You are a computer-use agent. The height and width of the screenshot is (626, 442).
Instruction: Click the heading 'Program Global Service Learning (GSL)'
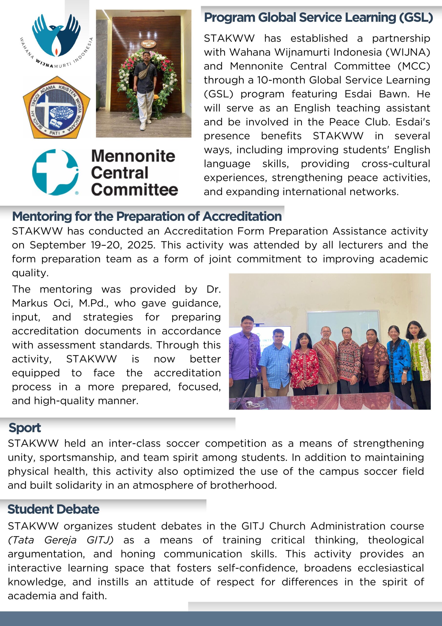click(318, 17)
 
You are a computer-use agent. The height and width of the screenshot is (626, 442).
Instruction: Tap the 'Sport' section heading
click(25, 428)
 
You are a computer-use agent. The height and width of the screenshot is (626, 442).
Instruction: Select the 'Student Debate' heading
click(53, 509)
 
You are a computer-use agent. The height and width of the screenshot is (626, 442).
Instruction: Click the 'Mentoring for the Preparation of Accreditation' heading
click(147, 216)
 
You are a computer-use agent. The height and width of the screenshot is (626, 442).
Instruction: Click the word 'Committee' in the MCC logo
click(134, 190)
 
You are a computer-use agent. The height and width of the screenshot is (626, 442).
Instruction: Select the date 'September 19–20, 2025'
click(93, 245)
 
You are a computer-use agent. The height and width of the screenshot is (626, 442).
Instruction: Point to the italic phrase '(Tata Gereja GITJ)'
click(61, 540)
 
